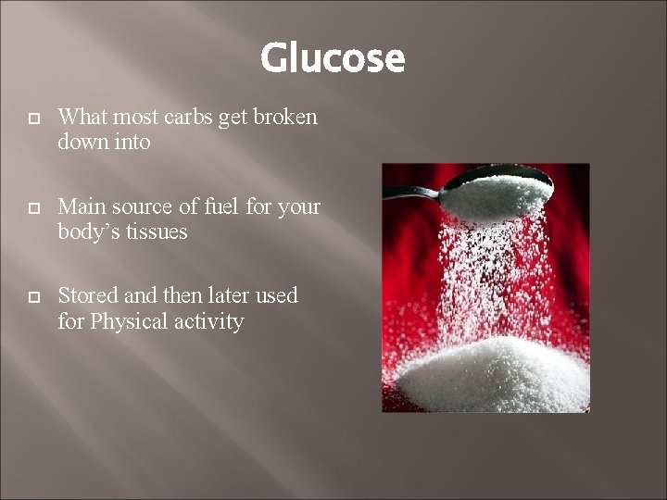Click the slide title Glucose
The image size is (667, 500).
(333, 58)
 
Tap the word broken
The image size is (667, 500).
(284, 118)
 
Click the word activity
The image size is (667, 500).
(210, 322)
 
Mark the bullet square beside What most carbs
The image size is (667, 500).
(34, 119)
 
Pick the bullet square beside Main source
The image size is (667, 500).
(34, 208)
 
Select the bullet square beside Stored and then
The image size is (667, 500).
(34, 297)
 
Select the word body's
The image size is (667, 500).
(87, 231)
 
